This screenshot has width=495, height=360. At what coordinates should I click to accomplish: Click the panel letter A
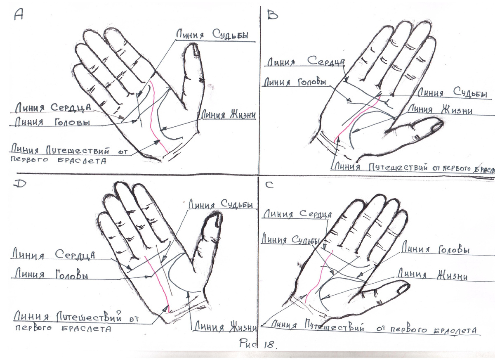click(19, 15)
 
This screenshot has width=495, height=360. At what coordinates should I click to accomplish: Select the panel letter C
click(269, 185)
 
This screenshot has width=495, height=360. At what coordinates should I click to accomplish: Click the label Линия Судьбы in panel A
click(212, 35)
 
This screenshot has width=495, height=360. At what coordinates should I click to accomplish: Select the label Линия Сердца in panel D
click(54, 254)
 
